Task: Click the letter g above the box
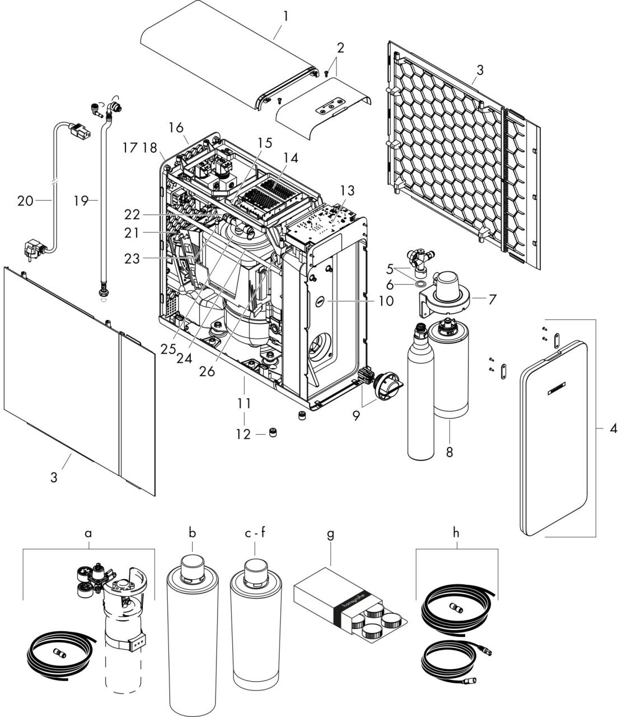click(330, 534)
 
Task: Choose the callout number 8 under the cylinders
click(449, 451)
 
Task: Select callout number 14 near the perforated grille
click(291, 159)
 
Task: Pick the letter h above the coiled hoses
click(456, 534)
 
